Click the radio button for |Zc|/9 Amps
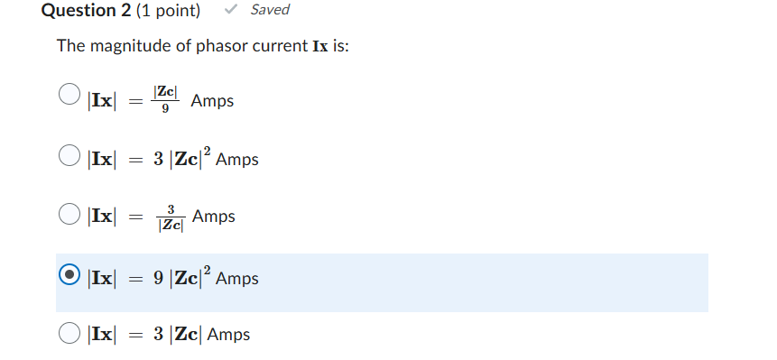(x=69, y=95)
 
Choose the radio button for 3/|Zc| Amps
(x=69, y=215)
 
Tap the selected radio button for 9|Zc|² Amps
(x=69, y=276)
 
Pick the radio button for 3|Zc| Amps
(x=69, y=333)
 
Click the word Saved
(x=270, y=10)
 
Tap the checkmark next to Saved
(x=232, y=10)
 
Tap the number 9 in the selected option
(x=158, y=279)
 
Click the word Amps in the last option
(x=228, y=335)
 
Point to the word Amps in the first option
(x=212, y=101)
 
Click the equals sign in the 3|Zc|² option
(x=134, y=160)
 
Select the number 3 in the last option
(x=158, y=335)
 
